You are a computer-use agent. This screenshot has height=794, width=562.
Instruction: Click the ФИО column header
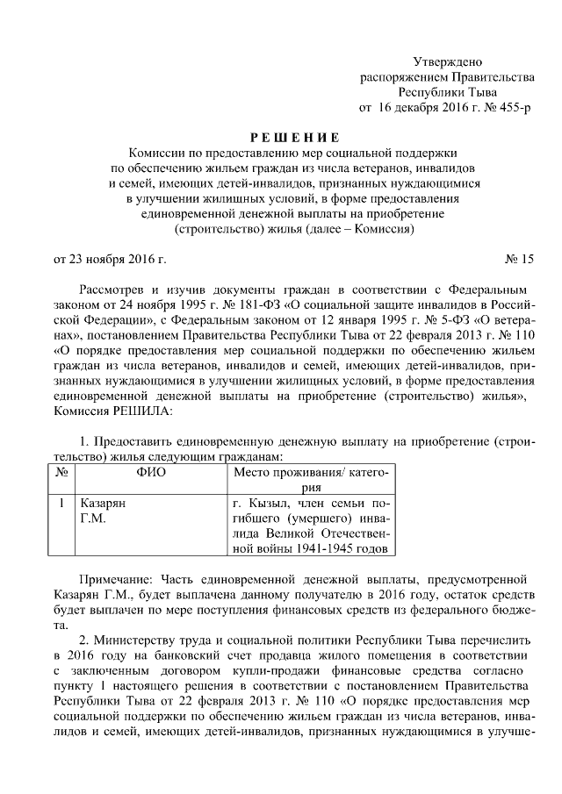click(151, 473)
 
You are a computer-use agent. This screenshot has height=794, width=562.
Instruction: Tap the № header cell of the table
click(62, 473)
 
